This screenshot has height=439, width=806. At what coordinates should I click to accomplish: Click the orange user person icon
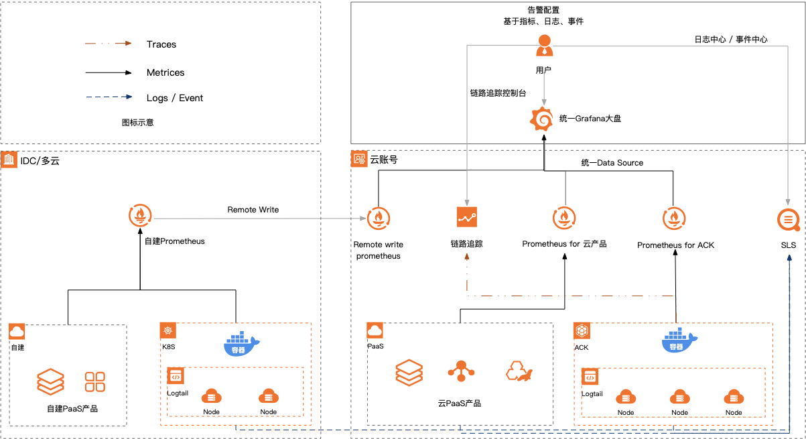point(544,46)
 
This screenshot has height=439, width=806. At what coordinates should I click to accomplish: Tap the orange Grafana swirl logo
point(542,119)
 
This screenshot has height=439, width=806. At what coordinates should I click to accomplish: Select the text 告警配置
point(543,10)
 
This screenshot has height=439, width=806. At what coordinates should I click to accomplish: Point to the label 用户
point(543,70)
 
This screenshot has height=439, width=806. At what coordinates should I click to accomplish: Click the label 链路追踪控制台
point(498,93)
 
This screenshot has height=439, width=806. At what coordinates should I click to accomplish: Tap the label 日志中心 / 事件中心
point(730,40)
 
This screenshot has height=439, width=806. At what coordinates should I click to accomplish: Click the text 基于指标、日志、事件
point(543,21)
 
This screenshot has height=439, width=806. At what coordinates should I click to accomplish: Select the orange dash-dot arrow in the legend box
point(108,44)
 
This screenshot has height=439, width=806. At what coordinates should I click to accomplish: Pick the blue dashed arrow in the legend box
point(109,97)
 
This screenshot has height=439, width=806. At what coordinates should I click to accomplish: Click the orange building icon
point(9,159)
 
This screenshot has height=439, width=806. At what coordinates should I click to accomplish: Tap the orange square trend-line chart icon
point(467,217)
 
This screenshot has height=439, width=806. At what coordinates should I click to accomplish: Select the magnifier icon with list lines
point(789,219)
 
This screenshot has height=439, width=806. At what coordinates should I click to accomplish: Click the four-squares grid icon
point(94,382)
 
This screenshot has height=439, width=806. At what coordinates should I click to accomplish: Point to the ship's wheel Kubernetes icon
point(167,330)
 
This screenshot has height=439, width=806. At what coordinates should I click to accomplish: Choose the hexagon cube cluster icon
point(582,331)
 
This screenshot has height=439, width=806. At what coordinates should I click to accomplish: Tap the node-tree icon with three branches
point(461,371)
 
